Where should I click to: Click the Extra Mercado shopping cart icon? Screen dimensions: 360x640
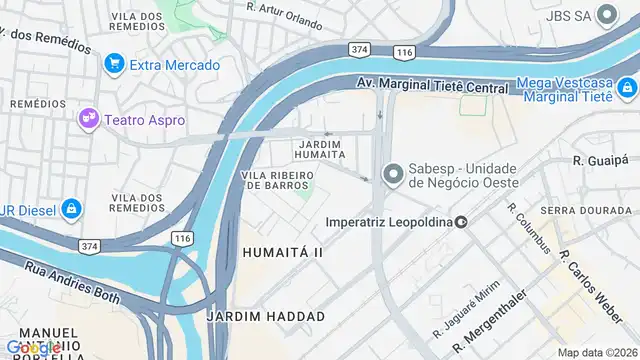(x=114, y=65)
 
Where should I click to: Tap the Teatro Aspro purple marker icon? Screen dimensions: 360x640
(x=89, y=119)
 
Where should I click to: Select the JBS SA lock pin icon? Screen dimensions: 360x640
(x=606, y=15)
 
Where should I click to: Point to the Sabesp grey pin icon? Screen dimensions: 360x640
(x=393, y=174)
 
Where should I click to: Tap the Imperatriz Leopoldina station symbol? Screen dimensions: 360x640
(x=461, y=221)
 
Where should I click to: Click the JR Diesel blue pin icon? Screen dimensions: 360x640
(x=70, y=209)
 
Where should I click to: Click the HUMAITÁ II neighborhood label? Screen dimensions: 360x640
(x=282, y=253)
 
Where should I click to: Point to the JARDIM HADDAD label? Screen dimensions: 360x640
(x=265, y=316)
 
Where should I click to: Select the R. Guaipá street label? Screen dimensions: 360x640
(x=599, y=160)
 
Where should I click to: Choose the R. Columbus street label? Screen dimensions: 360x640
(x=528, y=229)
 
